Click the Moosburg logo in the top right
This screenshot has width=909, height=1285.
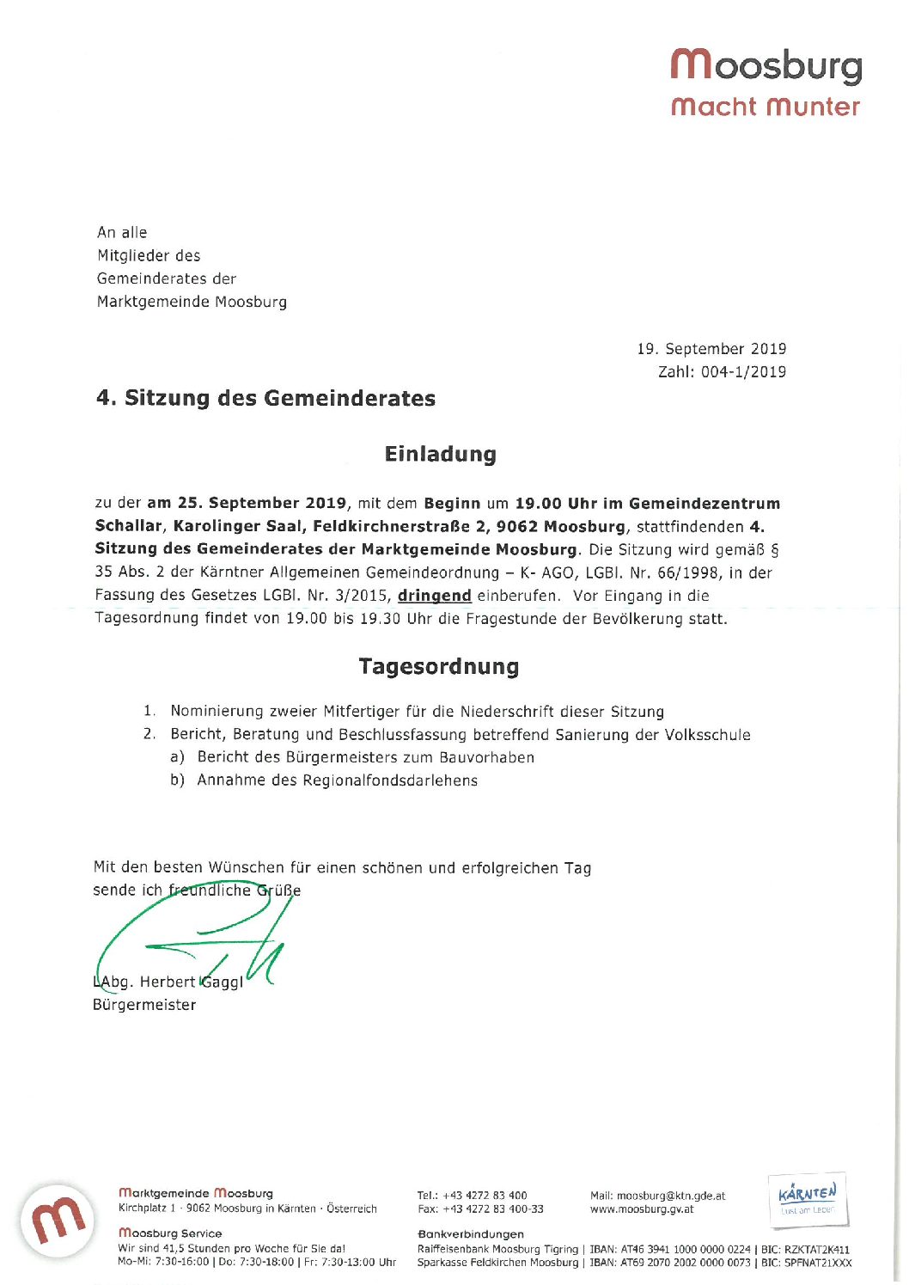coord(766,82)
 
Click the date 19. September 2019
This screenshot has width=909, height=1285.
coord(711,349)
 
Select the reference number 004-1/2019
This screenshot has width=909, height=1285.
coord(743,372)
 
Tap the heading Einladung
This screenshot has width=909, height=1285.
coord(440,454)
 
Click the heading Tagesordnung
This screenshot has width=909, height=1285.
coord(438,667)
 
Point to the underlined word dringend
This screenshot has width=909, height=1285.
coord(434,596)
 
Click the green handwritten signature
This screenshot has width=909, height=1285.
coord(198,937)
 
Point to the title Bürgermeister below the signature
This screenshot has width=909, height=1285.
coord(144,1005)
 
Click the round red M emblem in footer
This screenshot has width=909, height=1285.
coord(58,1220)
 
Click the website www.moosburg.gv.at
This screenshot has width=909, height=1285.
coord(642,1209)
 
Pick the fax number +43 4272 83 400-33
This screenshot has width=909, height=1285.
coord(492,1209)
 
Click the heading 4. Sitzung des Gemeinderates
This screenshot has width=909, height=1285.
coord(265,398)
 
